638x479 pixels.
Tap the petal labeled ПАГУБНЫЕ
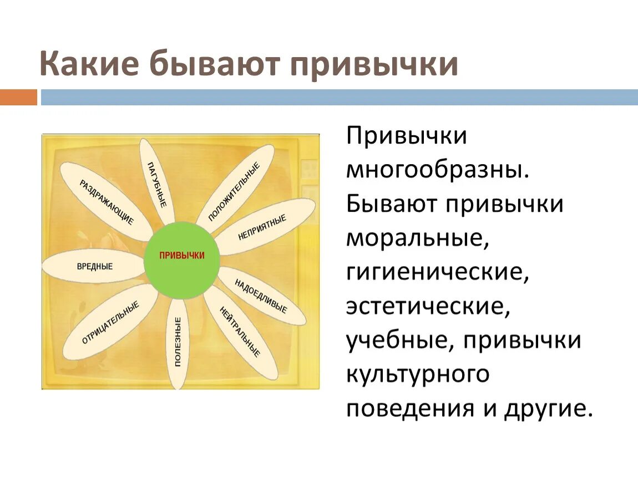click(156, 183)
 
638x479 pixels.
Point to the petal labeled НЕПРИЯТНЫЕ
click(264, 226)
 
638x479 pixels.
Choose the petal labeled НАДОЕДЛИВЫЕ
click(261, 295)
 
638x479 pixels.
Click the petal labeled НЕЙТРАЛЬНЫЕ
click(240, 331)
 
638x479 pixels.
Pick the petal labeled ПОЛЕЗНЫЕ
click(178, 343)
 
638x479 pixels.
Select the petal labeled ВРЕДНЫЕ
click(95, 267)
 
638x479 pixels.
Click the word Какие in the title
click(89, 64)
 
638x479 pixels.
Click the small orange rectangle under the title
click(18, 98)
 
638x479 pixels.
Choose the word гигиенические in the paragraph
click(436, 273)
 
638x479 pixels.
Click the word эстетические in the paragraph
click(428, 307)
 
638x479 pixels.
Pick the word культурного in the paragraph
click(418, 375)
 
